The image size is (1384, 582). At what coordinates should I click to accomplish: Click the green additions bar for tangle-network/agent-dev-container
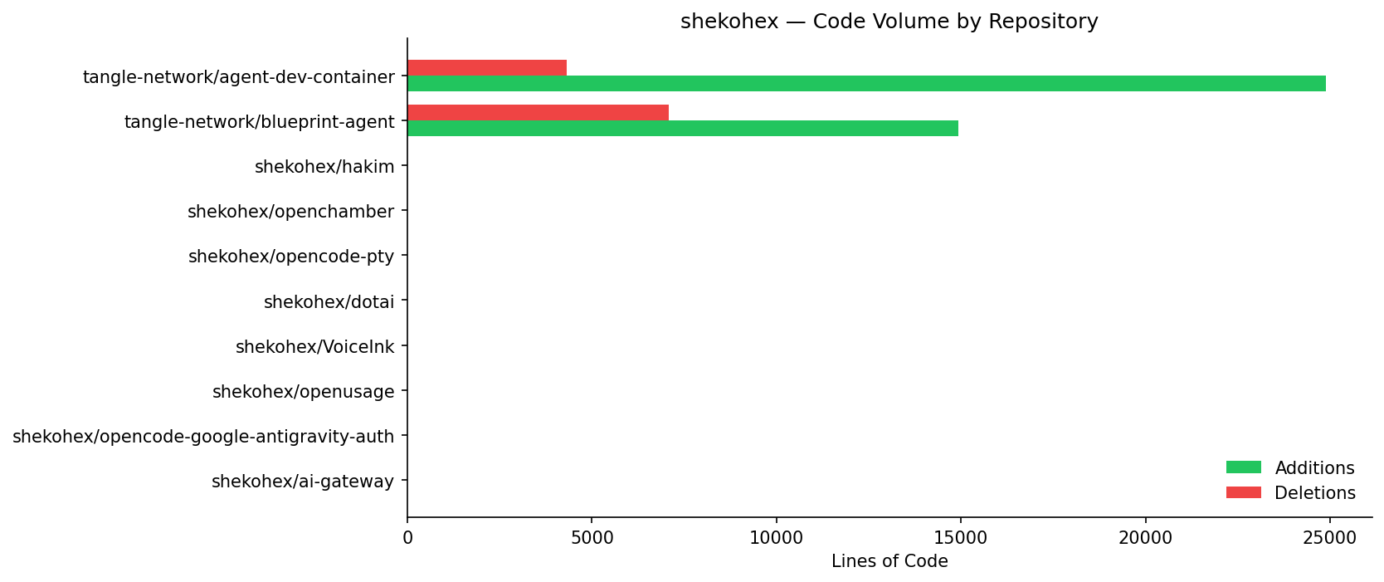866,84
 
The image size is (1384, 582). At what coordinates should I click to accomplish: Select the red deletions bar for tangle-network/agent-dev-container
487,68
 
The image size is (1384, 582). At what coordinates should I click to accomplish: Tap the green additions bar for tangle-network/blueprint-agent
683,129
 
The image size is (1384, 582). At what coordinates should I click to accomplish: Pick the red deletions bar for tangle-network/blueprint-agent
538,113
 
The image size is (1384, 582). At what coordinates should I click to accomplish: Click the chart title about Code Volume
889,22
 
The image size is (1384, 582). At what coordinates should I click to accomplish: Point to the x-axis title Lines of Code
889,562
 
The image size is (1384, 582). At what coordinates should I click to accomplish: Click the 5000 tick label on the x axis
592,538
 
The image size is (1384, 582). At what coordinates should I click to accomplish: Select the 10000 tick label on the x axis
776,538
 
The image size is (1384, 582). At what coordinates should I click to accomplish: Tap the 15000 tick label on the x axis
960,538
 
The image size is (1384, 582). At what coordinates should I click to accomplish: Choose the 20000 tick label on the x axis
1145,538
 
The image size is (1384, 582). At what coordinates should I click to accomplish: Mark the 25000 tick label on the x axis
1329,538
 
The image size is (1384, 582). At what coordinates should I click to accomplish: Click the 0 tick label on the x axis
407,538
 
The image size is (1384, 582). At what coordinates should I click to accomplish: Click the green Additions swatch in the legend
1243,467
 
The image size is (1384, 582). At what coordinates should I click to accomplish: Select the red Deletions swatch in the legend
1243,492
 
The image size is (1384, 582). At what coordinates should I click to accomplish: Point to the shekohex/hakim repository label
324,167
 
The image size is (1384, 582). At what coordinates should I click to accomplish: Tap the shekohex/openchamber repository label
290,212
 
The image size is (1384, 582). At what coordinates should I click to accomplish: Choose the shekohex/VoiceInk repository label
314,347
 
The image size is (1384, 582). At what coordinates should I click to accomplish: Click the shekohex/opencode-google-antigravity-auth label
203,437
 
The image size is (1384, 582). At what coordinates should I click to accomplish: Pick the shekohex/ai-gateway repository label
303,482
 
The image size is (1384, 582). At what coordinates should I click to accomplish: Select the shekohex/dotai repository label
329,302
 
